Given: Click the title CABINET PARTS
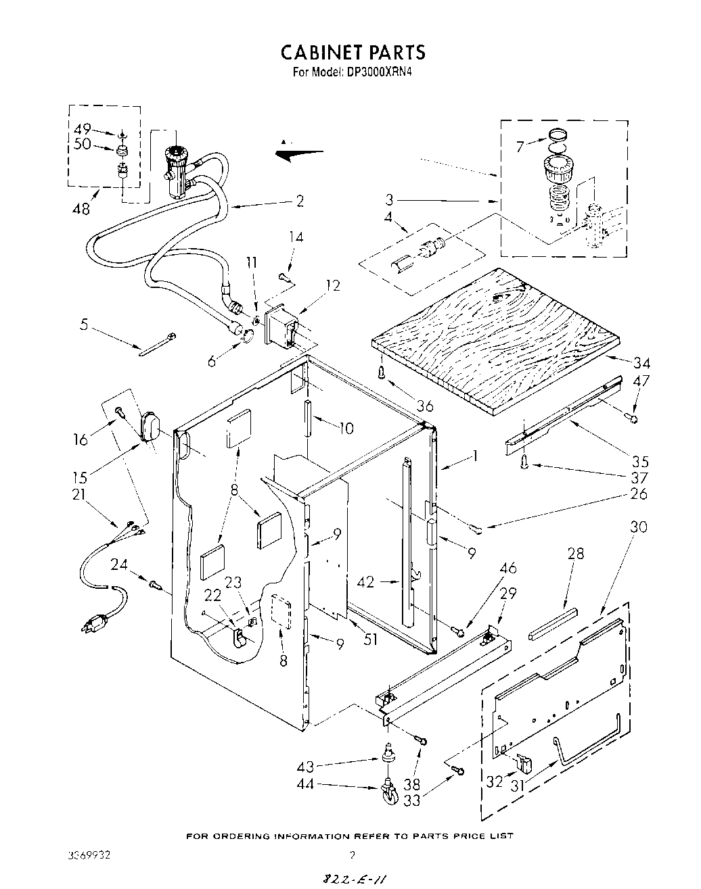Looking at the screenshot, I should tap(353, 53).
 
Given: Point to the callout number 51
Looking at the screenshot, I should tap(370, 638).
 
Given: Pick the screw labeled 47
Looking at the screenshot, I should tap(634, 418).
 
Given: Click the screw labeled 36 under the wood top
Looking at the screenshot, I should tap(382, 373).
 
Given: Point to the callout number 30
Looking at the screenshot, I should tap(638, 527).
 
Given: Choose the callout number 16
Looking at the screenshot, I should tap(80, 440).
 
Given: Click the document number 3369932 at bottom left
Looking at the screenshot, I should tap(84, 855).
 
